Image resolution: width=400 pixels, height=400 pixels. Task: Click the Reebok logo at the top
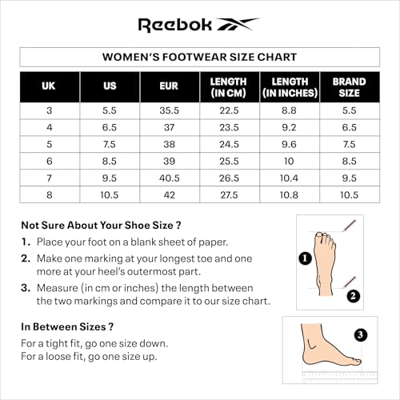[x=199, y=24]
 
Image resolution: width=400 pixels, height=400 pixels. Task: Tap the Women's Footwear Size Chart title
[x=199, y=57]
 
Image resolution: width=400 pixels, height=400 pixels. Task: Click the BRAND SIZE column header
[x=350, y=86]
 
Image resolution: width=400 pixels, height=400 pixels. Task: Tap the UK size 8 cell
[x=50, y=194]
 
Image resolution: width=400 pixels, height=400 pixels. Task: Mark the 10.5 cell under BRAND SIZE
[x=350, y=194]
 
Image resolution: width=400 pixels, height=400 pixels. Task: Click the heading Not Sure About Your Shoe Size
[x=101, y=225]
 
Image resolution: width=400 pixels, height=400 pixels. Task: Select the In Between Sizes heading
[x=66, y=326]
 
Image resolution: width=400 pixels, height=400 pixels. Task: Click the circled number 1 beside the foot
[x=305, y=258]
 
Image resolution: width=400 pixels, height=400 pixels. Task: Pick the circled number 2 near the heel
[x=353, y=295]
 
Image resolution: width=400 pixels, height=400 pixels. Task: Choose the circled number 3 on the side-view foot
[x=361, y=334]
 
